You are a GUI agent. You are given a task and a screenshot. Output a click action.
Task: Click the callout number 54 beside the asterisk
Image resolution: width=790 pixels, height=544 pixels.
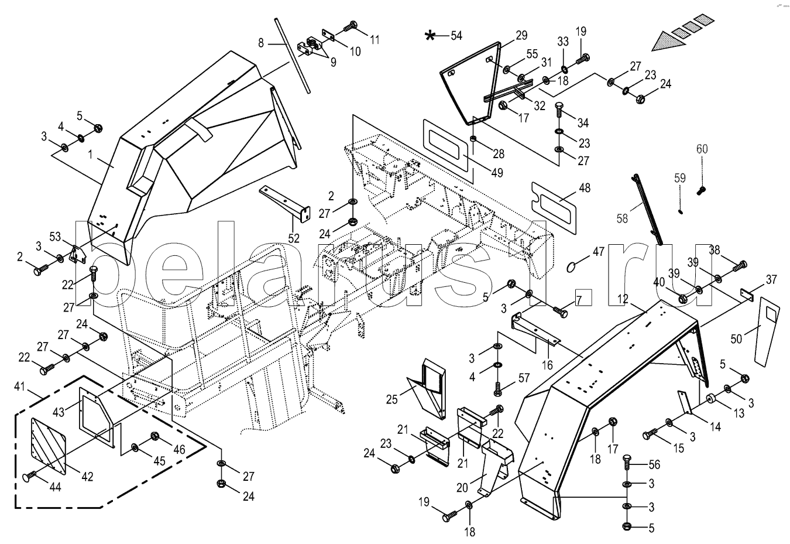[456, 36]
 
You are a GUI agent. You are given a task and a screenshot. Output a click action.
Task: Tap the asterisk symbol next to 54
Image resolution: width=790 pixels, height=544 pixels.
[430, 36]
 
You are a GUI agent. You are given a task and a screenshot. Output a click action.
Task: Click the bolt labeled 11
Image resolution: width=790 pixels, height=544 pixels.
[351, 26]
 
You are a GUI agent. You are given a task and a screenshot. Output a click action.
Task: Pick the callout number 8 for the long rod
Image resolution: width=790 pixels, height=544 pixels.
[262, 42]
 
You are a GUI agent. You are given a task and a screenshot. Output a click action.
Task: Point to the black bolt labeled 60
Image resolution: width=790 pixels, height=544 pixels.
[702, 189]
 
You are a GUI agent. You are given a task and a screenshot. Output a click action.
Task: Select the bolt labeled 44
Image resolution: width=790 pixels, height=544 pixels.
[32, 477]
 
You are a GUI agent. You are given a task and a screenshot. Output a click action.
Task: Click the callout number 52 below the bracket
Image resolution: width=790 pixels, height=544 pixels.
[293, 238]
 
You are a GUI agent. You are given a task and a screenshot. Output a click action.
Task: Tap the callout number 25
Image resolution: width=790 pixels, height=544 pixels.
[391, 399]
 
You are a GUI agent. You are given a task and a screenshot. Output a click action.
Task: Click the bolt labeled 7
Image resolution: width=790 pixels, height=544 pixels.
[560, 312]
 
